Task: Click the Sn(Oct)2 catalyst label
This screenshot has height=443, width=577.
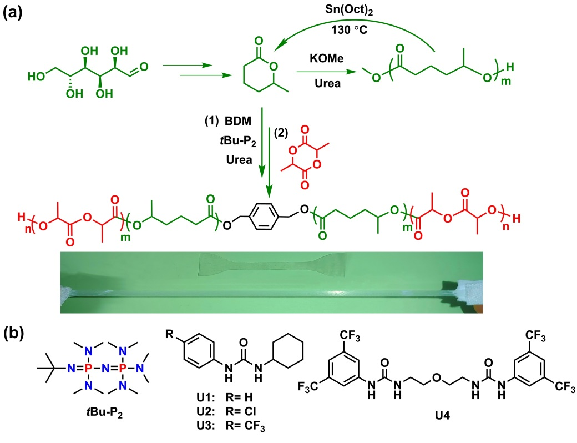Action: pyautogui.click(x=349, y=10)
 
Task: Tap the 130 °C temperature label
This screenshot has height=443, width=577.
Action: pyautogui.click(x=349, y=29)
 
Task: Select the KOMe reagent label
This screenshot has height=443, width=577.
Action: pyautogui.click(x=327, y=58)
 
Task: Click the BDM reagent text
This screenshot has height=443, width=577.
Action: pyautogui.click(x=238, y=121)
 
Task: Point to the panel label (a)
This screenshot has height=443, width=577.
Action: pyautogui.click(x=13, y=13)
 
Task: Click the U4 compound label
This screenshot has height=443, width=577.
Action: pyautogui.click(x=442, y=416)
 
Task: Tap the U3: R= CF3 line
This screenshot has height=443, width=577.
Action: pyautogui.click(x=230, y=426)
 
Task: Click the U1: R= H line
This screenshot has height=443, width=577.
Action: pyautogui.click(x=225, y=397)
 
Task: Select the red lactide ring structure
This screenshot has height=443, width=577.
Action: pyautogui.click(x=305, y=157)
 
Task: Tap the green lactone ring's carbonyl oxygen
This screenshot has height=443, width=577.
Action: pyautogui.click(x=259, y=40)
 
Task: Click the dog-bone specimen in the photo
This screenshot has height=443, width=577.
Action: pyautogui.click(x=271, y=265)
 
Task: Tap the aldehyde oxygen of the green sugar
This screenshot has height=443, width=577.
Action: pyautogui.click(x=144, y=67)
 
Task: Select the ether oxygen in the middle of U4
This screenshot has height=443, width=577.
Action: pyautogui.click(x=437, y=377)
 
